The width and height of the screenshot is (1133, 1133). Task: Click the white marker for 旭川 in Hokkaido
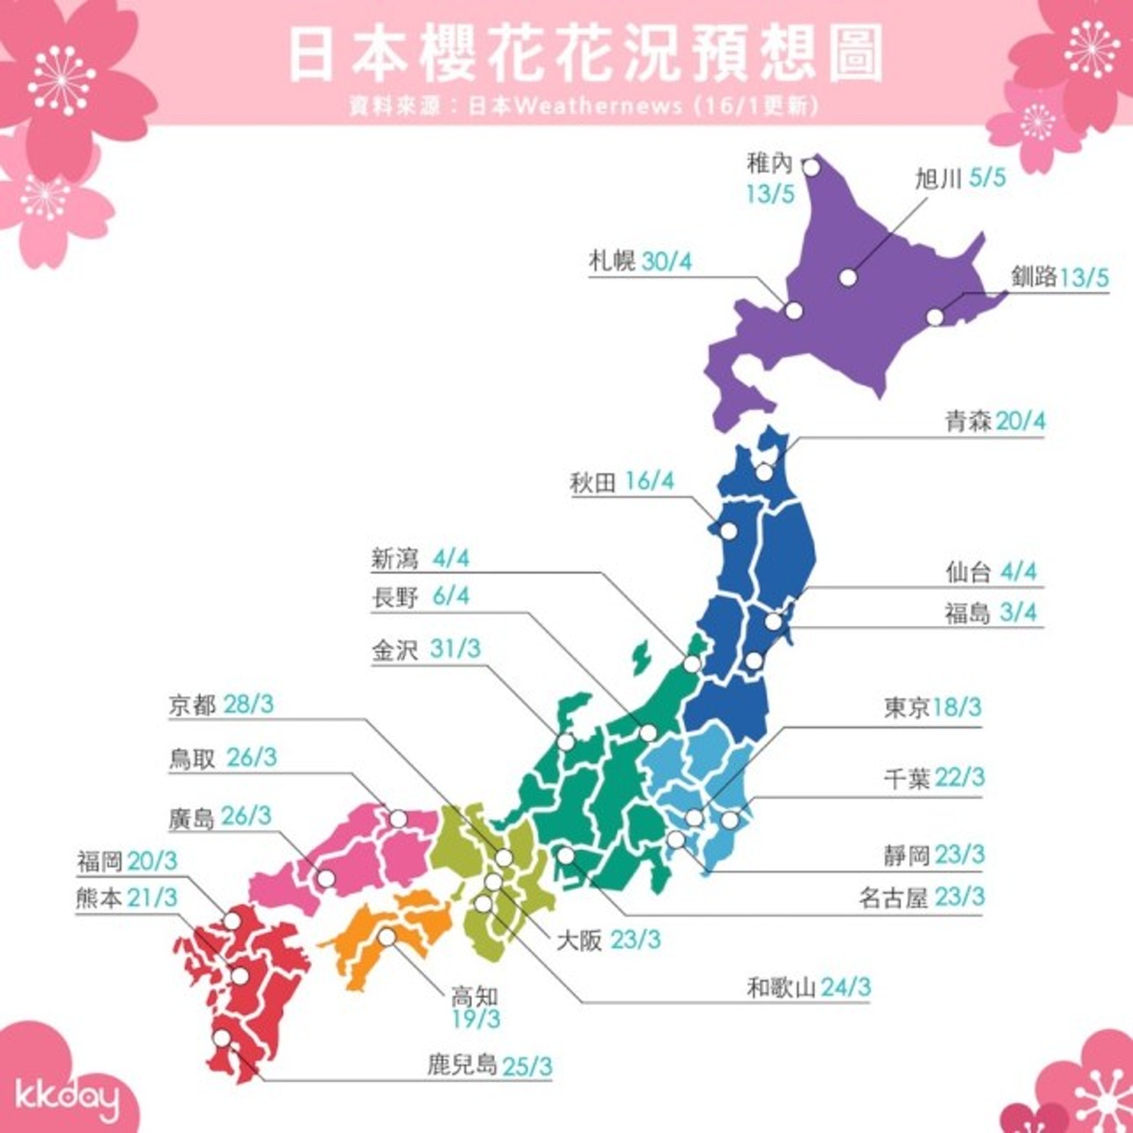(x=848, y=277)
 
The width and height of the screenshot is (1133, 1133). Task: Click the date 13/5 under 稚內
(x=771, y=194)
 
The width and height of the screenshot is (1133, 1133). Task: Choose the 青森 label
(x=969, y=422)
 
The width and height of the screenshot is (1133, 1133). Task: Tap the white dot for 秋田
(x=729, y=531)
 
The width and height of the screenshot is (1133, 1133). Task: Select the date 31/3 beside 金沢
(x=455, y=649)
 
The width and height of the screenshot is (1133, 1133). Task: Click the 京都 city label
(x=192, y=705)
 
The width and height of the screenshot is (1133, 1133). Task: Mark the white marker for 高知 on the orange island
(x=387, y=936)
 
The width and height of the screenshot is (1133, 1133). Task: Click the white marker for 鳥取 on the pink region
(x=398, y=818)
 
